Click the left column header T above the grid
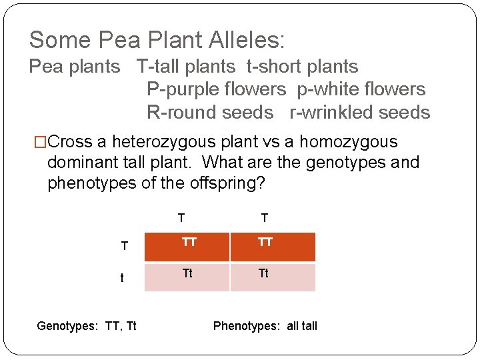coord(181,218)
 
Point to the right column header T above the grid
coord(265,218)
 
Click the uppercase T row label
coord(124,246)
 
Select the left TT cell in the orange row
coord(189,243)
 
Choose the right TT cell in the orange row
coord(265,243)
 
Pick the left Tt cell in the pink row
coord(188,273)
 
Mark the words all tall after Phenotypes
coord(302,326)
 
